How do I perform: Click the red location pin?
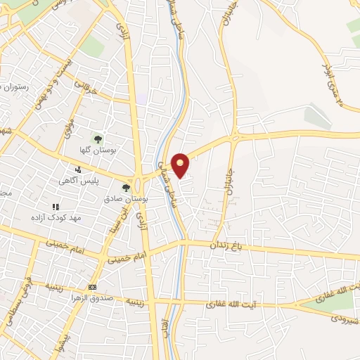coord(181,165)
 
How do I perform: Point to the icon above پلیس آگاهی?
coord(78,169)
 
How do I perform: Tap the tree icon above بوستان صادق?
coord(127,188)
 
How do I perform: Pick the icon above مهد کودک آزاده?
coord(56,207)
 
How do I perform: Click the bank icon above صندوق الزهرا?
coord(92,288)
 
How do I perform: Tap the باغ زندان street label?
coord(226,245)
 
